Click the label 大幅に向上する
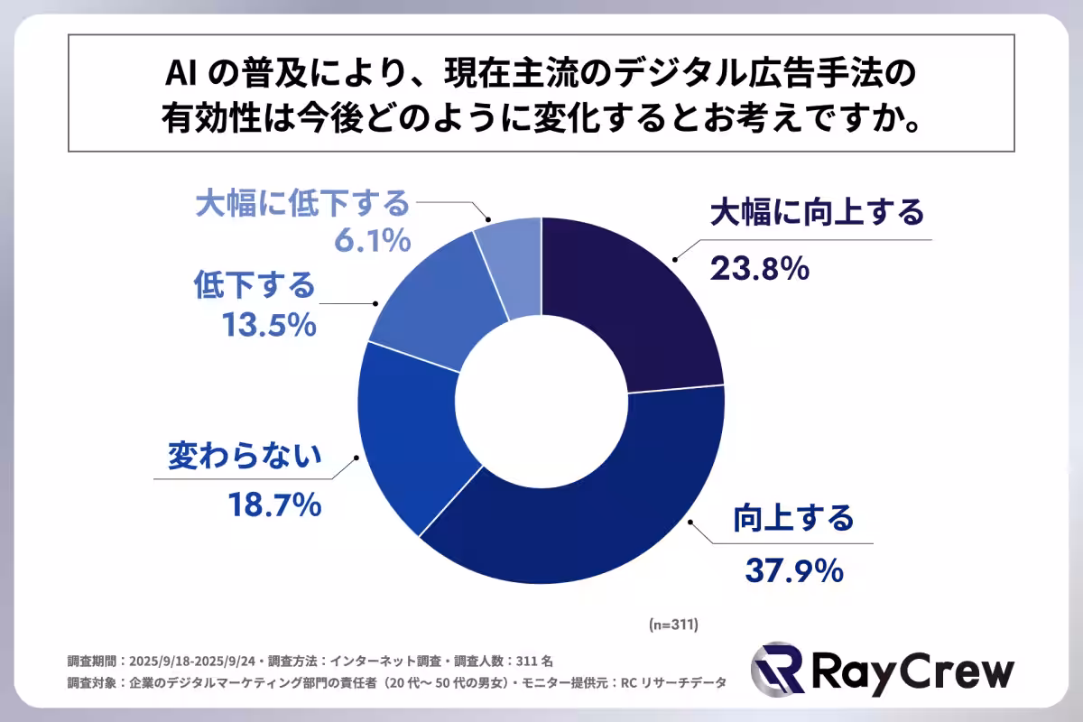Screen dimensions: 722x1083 pyautogui.click(x=817, y=213)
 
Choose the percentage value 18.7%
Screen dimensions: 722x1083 pyautogui.click(x=272, y=506)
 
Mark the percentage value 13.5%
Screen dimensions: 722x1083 pyautogui.click(x=268, y=324)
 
